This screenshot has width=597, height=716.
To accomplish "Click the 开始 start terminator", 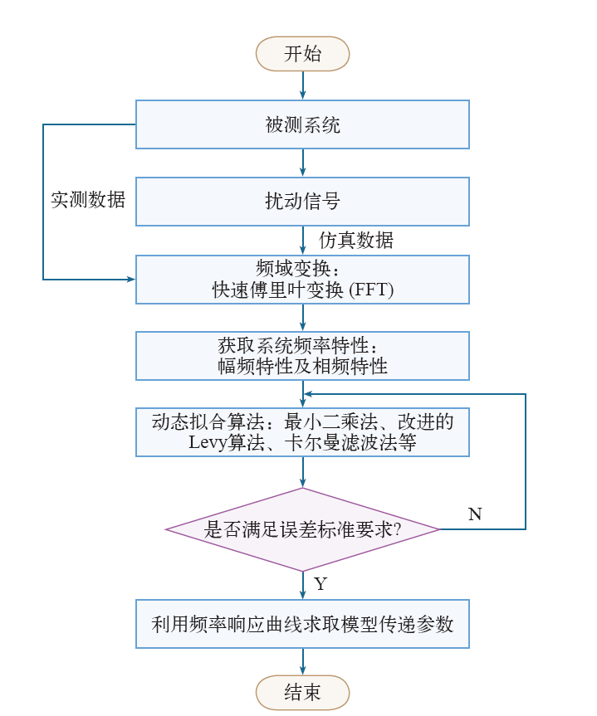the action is tap(302, 54).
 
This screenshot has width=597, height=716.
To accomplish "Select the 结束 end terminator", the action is tap(302, 692).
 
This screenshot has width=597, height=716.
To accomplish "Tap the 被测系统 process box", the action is tap(302, 124).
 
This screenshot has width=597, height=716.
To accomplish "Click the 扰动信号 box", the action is tap(302, 202).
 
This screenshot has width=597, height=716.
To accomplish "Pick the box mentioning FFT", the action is tap(302, 280).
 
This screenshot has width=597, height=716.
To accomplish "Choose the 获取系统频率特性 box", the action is tap(302, 356).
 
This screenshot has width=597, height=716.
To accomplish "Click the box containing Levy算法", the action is tap(302, 432).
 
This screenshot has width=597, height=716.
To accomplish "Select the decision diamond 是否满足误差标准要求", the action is tap(302, 529).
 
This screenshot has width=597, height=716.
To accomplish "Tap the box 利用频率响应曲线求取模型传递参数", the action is tap(302, 624).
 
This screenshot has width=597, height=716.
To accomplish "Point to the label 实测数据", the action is tap(88, 200).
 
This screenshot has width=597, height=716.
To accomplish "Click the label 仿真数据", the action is tap(356, 241).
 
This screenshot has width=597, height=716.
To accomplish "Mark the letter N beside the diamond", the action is tap(475, 514).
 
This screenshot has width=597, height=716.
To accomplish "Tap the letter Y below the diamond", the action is tap(321, 583).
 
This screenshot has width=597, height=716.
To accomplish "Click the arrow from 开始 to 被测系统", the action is tap(302, 85).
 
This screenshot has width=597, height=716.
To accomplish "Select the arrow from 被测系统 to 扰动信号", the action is tap(302, 163).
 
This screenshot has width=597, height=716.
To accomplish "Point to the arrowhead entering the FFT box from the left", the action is tap(131, 279).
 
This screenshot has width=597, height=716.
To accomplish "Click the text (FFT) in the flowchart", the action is tap(371, 290).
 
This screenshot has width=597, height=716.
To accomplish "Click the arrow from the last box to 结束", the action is tap(302, 662).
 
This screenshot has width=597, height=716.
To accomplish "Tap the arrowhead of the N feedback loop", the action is tap(308, 393).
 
